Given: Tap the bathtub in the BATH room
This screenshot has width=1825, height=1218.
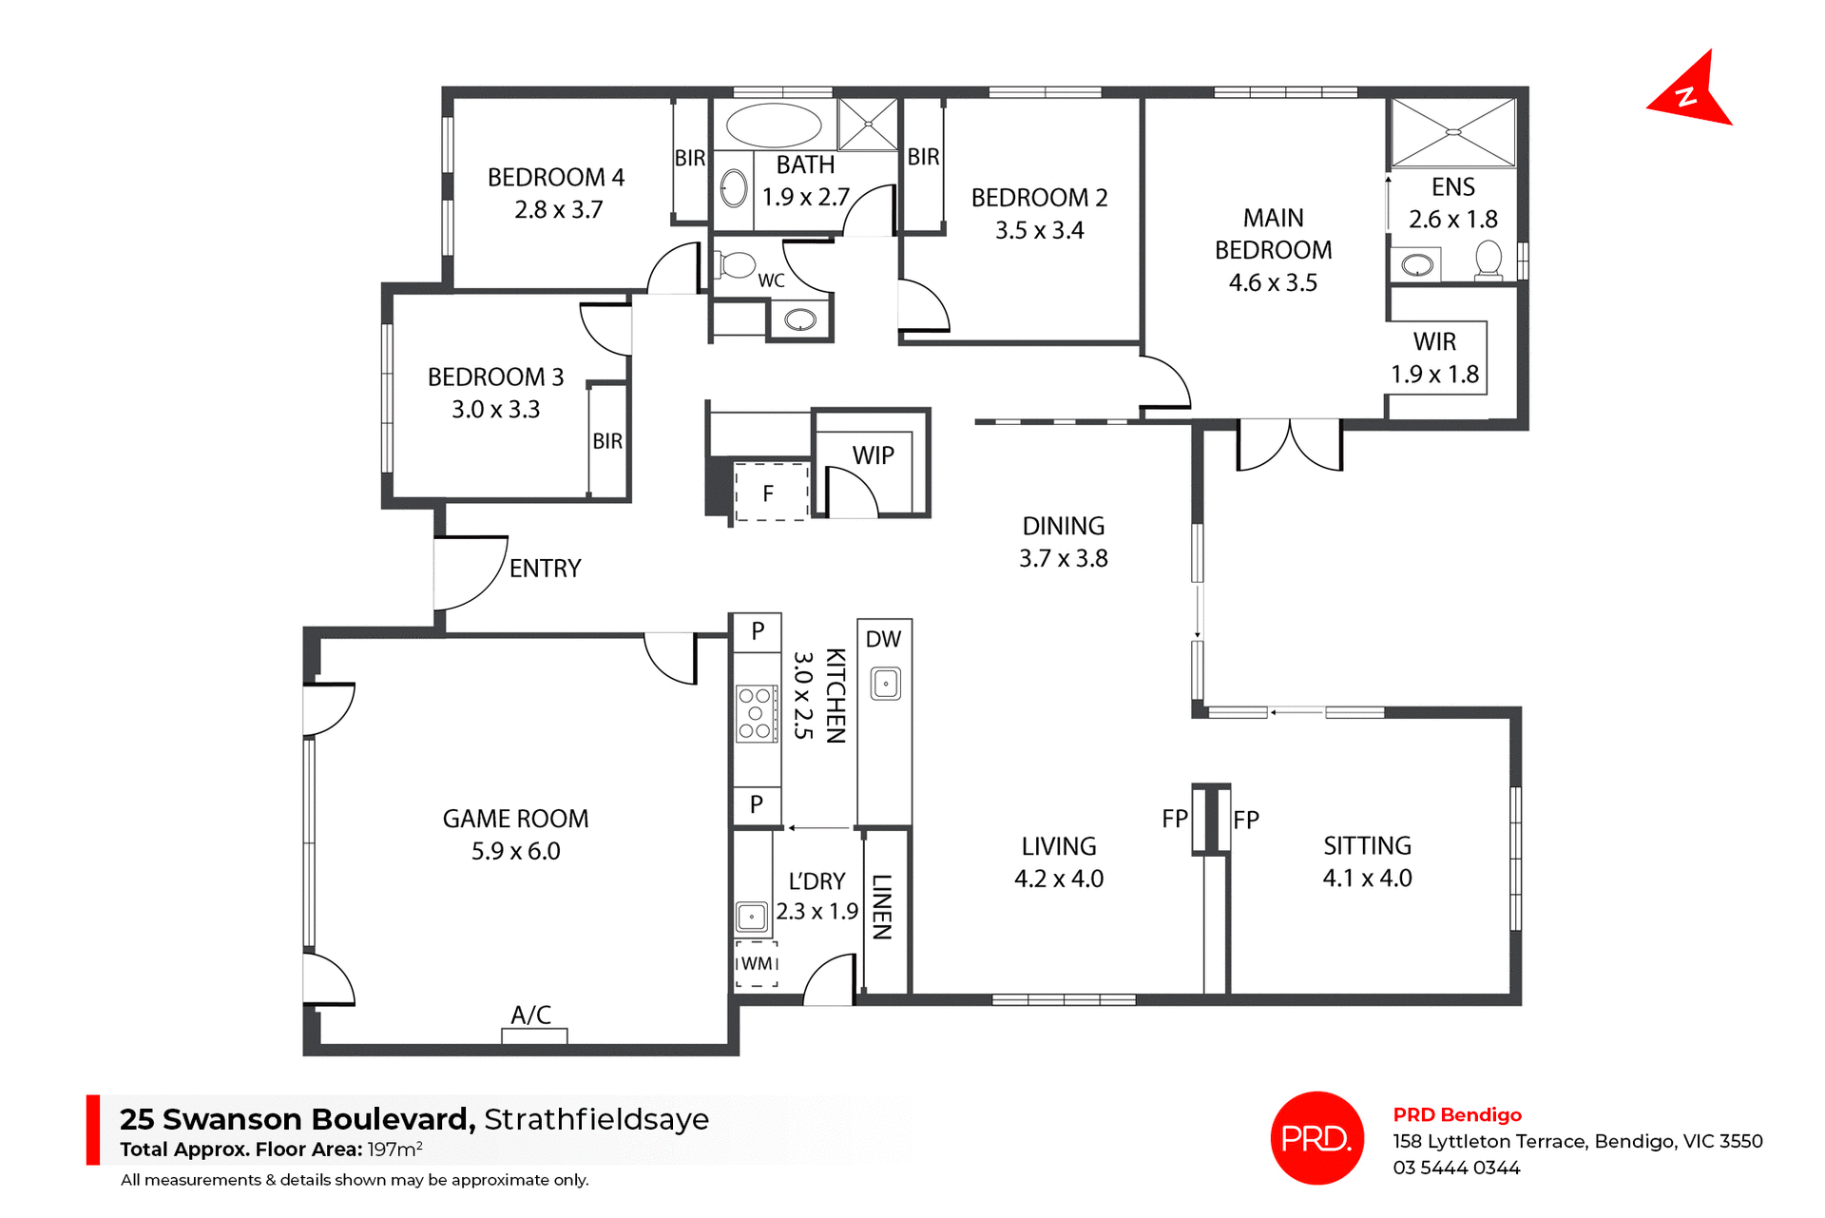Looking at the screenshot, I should [774, 126].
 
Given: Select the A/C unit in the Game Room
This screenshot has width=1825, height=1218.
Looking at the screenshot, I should [534, 1035].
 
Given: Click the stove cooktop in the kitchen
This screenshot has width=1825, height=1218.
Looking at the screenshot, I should [756, 713].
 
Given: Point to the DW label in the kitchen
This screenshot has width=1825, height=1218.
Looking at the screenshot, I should [883, 639].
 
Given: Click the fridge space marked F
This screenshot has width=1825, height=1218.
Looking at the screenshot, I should [769, 493].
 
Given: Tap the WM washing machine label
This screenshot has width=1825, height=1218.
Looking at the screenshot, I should [757, 963].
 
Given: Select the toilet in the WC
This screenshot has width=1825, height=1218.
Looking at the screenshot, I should [736, 264].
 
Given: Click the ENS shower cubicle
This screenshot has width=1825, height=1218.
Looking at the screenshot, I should [1452, 132].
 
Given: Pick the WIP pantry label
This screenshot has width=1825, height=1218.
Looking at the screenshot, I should [873, 455].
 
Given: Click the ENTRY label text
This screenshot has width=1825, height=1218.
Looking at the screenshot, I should [545, 569].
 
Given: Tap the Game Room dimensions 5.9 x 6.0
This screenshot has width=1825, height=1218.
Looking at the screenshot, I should [515, 851].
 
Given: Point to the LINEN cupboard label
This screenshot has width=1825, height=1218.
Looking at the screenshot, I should [882, 907].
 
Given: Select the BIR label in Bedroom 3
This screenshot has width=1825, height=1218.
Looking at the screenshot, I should [607, 441].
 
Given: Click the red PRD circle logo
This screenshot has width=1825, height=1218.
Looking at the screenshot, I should [1316, 1137].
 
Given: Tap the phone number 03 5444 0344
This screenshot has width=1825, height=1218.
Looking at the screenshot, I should [1456, 1168].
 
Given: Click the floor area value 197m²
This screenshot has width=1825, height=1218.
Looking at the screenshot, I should [394, 1149].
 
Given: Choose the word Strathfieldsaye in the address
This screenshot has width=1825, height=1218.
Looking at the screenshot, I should [596, 1119].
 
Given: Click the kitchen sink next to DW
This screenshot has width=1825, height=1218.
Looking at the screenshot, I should [886, 684].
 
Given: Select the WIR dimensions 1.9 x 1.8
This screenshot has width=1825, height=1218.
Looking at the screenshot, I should [1434, 375].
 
